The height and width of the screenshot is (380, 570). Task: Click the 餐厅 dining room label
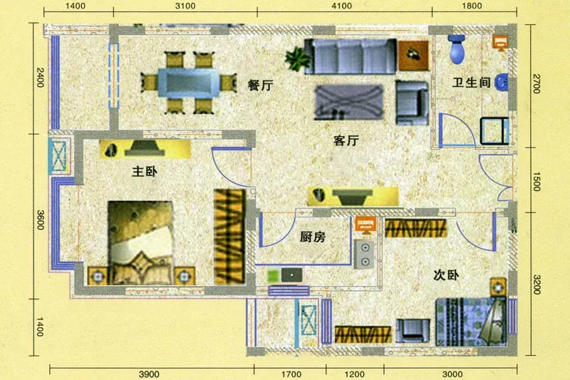(260, 86)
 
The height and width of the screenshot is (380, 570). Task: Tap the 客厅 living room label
(346, 140)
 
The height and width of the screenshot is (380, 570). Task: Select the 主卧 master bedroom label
(145, 171)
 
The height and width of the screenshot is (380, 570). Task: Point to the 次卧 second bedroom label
(446, 275)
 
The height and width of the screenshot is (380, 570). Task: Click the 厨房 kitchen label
(313, 237)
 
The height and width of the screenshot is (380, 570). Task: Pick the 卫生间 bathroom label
(471, 83)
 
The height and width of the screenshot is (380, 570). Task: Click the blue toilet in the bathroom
(457, 49)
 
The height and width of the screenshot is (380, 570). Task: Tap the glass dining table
(189, 83)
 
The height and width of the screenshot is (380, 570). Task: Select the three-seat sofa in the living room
(350, 56)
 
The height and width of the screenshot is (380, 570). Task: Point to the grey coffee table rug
(349, 102)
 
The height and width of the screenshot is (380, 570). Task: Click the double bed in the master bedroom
(140, 242)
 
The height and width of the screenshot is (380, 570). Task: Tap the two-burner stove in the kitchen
(364, 255)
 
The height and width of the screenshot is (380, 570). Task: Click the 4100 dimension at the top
(342, 6)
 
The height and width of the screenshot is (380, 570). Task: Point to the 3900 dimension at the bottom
(149, 374)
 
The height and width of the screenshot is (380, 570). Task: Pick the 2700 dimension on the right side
(537, 83)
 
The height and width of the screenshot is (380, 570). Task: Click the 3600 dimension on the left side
(41, 220)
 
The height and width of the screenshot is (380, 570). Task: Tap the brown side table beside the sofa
(413, 56)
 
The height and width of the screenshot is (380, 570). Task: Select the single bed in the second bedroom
(471, 322)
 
